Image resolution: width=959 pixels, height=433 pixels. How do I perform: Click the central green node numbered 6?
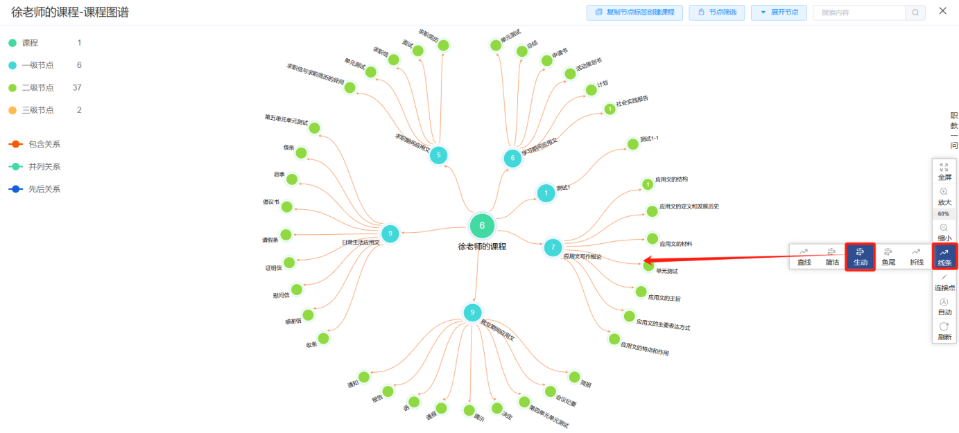point(482,226)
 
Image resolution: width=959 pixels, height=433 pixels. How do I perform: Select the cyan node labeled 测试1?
point(546,193)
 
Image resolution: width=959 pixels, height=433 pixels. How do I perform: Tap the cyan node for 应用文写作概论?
point(553,247)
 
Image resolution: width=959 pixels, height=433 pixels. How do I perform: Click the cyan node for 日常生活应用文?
point(390,233)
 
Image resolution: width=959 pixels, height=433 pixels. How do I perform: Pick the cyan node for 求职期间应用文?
point(438,155)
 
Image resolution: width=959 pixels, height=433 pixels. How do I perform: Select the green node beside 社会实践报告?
point(610,109)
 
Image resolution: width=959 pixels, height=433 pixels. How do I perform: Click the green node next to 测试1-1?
point(632,144)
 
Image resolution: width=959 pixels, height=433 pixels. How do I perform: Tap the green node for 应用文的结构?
point(648,184)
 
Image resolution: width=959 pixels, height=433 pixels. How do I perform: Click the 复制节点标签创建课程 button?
point(634,12)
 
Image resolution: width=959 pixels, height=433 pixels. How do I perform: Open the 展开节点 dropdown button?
point(779,12)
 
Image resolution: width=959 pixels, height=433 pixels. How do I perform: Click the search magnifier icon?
point(915,12)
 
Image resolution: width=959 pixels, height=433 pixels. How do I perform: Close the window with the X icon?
point(942,11)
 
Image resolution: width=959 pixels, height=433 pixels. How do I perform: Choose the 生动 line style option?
point(860,256)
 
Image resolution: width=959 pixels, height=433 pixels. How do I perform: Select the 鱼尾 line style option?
point(888,256)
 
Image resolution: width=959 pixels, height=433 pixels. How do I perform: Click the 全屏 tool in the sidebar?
point(944,171)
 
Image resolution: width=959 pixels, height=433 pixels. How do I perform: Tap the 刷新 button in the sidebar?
point(944,330)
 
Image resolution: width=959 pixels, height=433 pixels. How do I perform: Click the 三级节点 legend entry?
point(38,110)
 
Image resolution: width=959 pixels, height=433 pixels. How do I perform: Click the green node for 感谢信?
point(308,315)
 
